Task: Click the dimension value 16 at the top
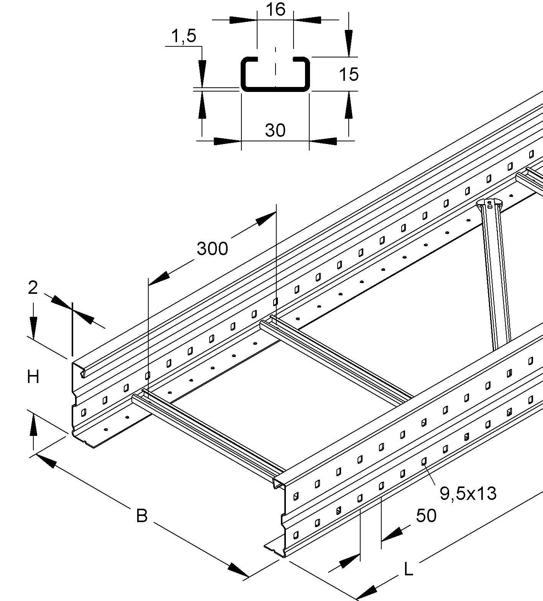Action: pos(275,9)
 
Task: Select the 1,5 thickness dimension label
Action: pos(183,36)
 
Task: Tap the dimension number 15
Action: pos(349,74)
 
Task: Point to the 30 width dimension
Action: pos(275,130)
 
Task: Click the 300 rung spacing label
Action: pos(212,249)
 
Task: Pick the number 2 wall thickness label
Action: pos(33,287)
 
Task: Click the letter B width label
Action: pos(142,516)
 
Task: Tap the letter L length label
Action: pos(409,570)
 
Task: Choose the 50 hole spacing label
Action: pos(426,516)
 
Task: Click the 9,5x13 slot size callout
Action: pos(468,493)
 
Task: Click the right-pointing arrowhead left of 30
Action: pos(226,141)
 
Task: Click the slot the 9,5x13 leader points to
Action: pos(424,461)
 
